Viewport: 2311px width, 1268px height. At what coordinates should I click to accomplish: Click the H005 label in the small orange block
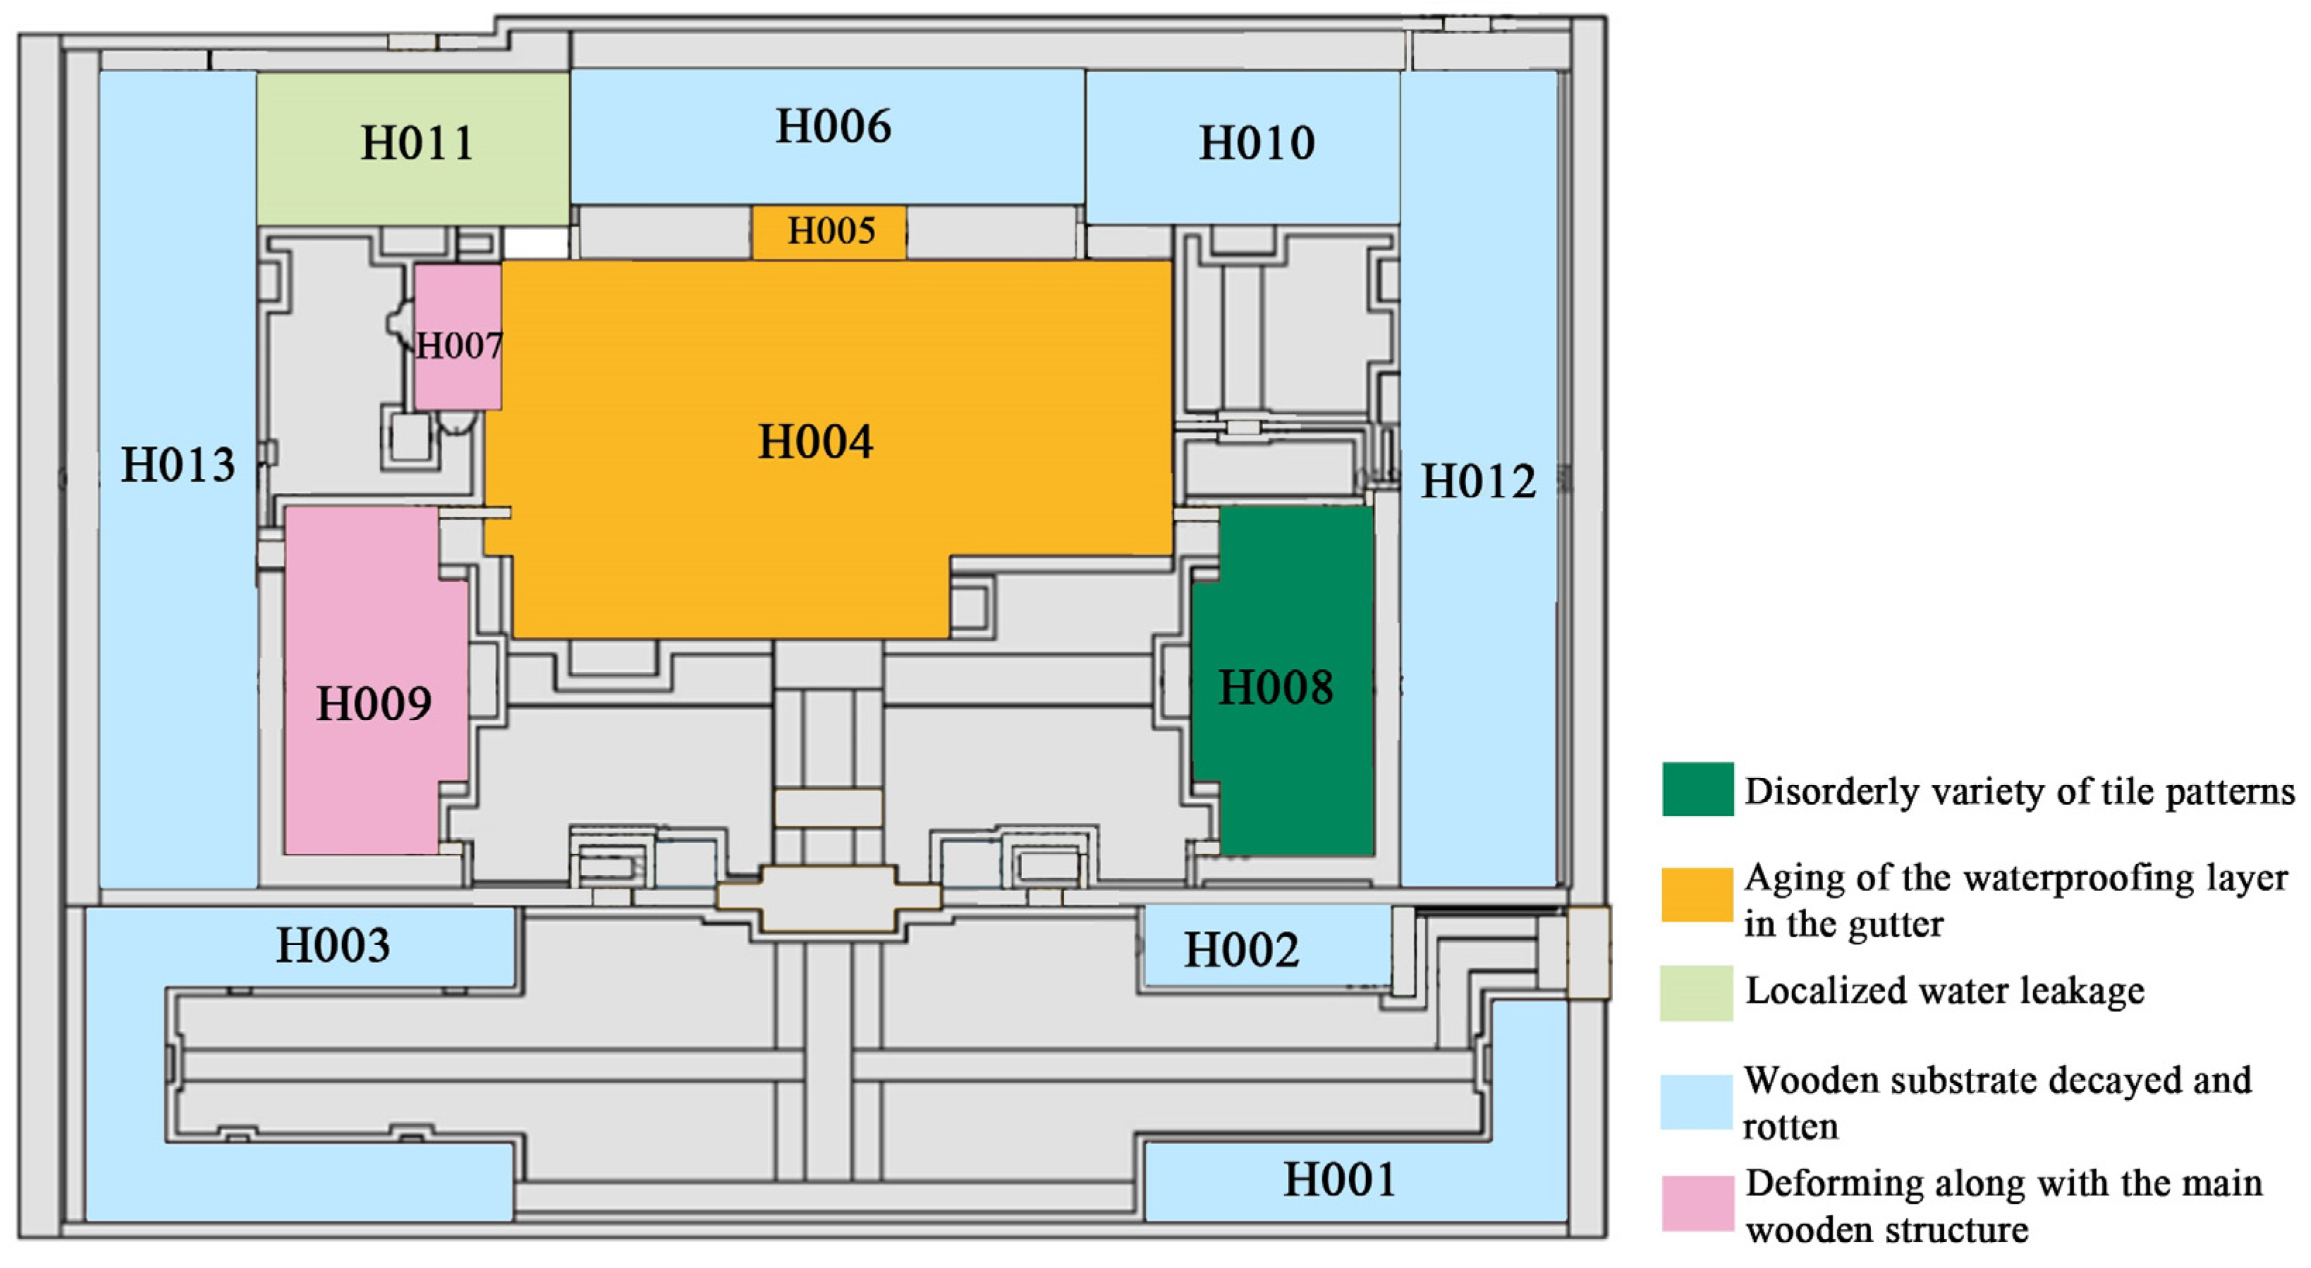point(831,231)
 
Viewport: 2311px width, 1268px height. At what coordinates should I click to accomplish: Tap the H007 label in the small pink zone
point(458,346)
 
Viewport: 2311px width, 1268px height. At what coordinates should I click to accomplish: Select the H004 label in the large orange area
point(815,441)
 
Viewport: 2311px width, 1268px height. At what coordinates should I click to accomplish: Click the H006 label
point(834,126)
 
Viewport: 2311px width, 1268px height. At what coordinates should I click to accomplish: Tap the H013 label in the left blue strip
point(178,465)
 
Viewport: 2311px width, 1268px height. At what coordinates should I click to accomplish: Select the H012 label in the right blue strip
point(1477,482)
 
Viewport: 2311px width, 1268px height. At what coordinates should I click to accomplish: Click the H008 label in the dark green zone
point(1275,688)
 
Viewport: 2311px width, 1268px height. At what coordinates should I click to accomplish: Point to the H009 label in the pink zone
point(374,704)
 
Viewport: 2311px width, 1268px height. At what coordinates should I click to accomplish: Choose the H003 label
point(333,945)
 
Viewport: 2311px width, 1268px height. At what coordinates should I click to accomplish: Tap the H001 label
point(1339,1179)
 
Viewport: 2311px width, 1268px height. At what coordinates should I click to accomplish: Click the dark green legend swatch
point(1697,789)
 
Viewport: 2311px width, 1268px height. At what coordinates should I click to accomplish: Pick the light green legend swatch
point(1697,992)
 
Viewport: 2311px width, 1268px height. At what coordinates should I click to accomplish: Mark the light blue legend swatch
point(1697,1101)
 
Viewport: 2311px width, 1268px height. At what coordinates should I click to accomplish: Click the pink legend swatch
point(1697,1203)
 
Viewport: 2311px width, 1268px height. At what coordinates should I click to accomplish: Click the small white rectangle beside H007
point(535,243)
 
